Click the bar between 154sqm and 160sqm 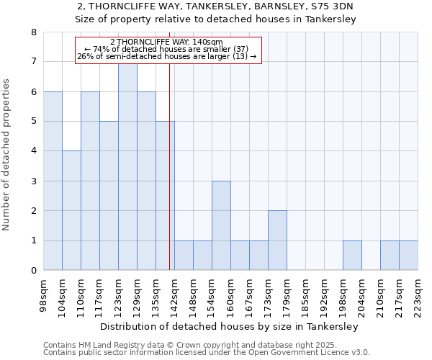pos(221,225)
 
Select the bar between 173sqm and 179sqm pos(277,240)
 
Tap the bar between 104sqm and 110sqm pos(71,210)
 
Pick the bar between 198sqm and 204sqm pos(352,256)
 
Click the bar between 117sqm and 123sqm pos(109,196)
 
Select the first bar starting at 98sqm pos(53,181)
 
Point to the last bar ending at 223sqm pos(408,256)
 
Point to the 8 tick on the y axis pos(33,32)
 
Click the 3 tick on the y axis pos(33,181)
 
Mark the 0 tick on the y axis pos(33,271)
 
